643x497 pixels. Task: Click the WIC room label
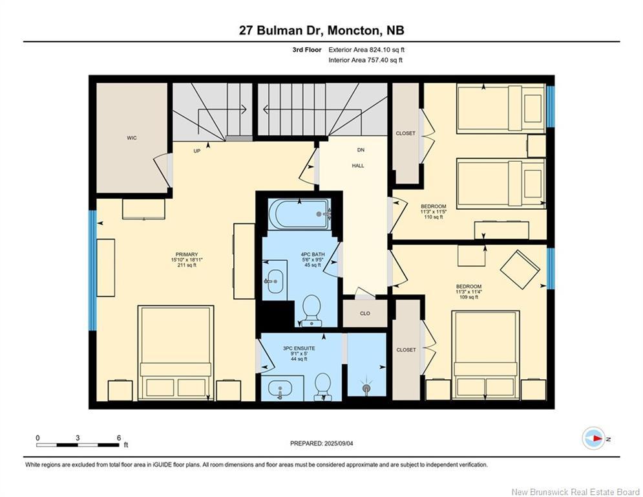132,138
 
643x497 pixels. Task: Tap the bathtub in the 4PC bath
300,214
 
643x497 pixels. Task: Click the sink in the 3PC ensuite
280,388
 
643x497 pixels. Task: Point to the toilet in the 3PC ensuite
322,386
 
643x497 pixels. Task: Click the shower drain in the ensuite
366,388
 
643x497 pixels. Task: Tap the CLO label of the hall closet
365,313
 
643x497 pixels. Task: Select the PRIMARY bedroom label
187,255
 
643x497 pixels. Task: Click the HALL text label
358,166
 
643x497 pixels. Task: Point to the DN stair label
361,150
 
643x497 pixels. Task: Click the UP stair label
197,151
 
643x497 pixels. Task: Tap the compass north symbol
594,438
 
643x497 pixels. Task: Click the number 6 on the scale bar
119,438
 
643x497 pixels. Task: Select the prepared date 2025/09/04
339,443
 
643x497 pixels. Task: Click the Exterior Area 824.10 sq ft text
366,50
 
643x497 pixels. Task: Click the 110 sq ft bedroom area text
434,217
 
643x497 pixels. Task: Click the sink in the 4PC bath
275,282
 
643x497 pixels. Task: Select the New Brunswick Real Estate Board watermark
576,492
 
